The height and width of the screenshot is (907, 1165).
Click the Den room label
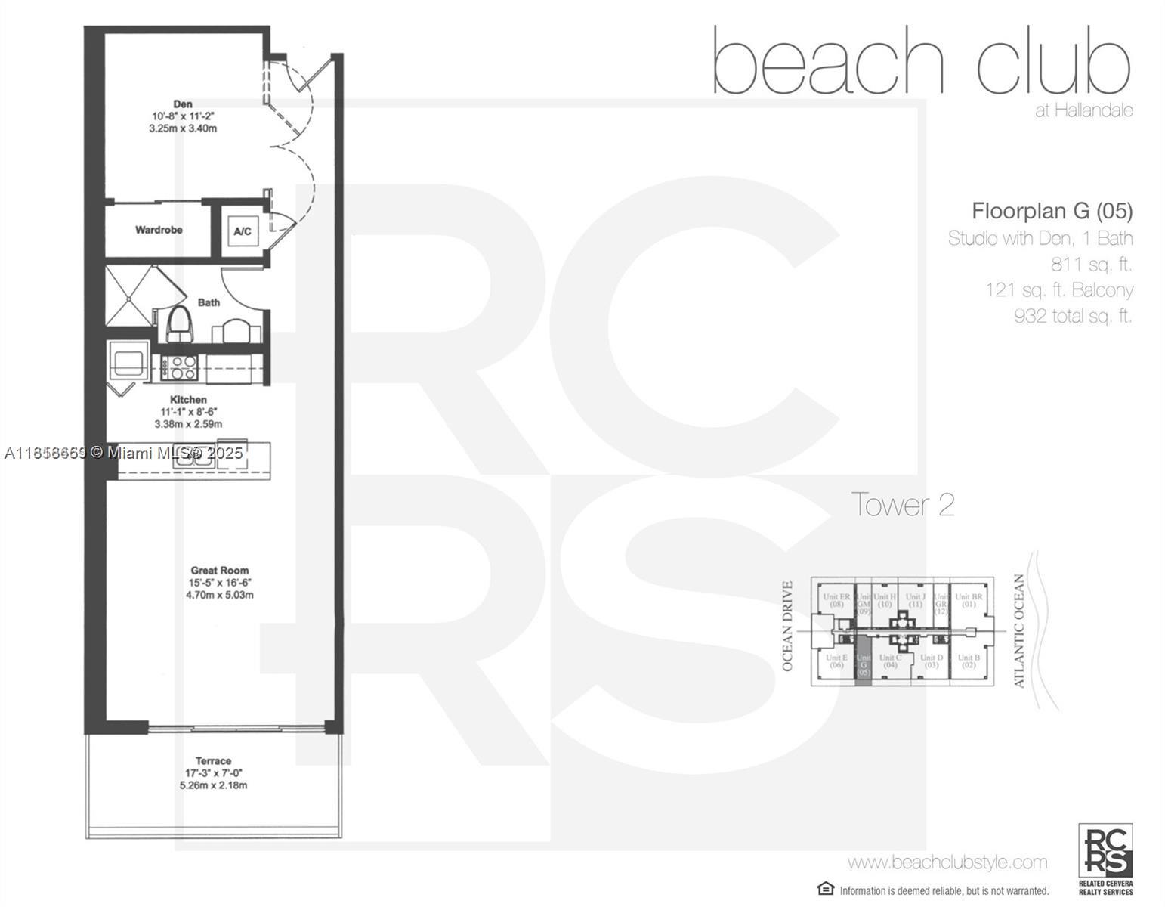point(183,104)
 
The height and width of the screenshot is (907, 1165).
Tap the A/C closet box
point(243,231)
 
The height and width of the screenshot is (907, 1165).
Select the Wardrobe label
point(159,230)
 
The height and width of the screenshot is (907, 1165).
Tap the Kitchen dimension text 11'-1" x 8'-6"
point(188,412)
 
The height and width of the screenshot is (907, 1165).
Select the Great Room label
point(219,571)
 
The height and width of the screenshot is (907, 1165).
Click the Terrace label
point(213,760)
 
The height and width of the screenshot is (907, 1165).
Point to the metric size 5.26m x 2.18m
point(213,785)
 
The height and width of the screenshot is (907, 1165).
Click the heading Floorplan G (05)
point(1052,210)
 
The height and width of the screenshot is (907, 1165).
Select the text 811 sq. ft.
point(1091,265)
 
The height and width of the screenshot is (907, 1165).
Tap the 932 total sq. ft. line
point(1073,316)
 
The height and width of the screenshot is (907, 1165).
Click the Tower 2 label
point(903,505)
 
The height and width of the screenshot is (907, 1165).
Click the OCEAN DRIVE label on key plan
point(787,627)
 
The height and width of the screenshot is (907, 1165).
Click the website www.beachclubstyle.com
point(947,862)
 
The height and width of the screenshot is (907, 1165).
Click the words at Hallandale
point(1083,110)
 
